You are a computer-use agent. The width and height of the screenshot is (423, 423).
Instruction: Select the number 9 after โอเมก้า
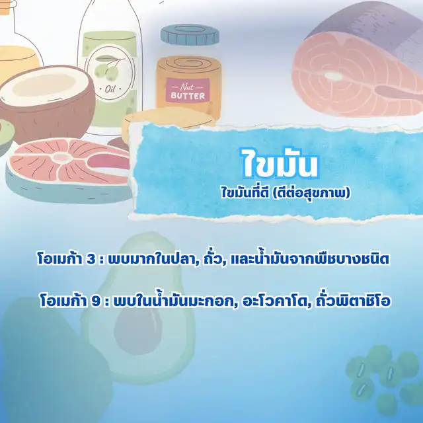(x=95, y=302)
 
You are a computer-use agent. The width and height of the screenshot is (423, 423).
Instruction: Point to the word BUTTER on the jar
(x=188, y=96)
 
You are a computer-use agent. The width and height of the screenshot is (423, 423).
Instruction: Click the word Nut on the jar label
(x=188, y=87)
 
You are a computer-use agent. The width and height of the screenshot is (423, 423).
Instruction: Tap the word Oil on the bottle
(x=110, y=89)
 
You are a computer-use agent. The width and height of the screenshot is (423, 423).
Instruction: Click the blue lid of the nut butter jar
(x=190, y=34)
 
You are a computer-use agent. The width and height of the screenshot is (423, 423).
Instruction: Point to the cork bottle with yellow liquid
(x=19, y=40)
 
